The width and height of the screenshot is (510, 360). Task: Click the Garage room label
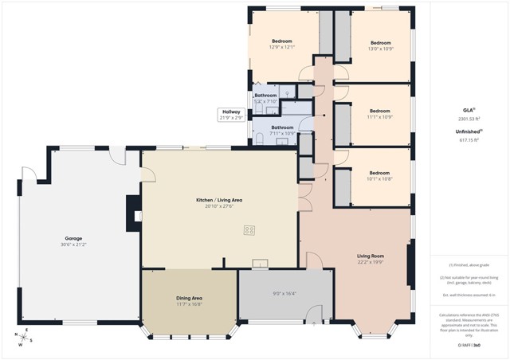coord(73,238)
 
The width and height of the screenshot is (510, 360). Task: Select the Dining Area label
coord(189,298)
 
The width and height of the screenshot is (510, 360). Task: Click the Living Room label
coord(371,256)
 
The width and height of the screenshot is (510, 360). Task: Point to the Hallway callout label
coord(230,112)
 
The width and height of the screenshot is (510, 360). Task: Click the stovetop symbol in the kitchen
coord(249,230)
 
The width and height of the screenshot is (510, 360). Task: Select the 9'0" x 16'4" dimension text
coord(284,293)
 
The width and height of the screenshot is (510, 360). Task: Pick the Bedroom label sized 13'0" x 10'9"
coord(380,42)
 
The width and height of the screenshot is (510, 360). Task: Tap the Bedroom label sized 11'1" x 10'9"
coord(380,111)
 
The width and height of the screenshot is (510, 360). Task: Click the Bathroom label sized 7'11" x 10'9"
coord(282,127)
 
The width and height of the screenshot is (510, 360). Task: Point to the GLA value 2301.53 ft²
coord(468,118)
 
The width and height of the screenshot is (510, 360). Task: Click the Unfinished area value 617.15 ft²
coord(468,140)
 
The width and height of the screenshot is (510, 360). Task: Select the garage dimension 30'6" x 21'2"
coord(73,245)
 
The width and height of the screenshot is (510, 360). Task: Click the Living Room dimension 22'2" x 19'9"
coord(371,262)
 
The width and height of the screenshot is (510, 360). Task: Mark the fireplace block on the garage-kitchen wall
coord(132,213)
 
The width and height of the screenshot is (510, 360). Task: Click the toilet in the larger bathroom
coord(261,139)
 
